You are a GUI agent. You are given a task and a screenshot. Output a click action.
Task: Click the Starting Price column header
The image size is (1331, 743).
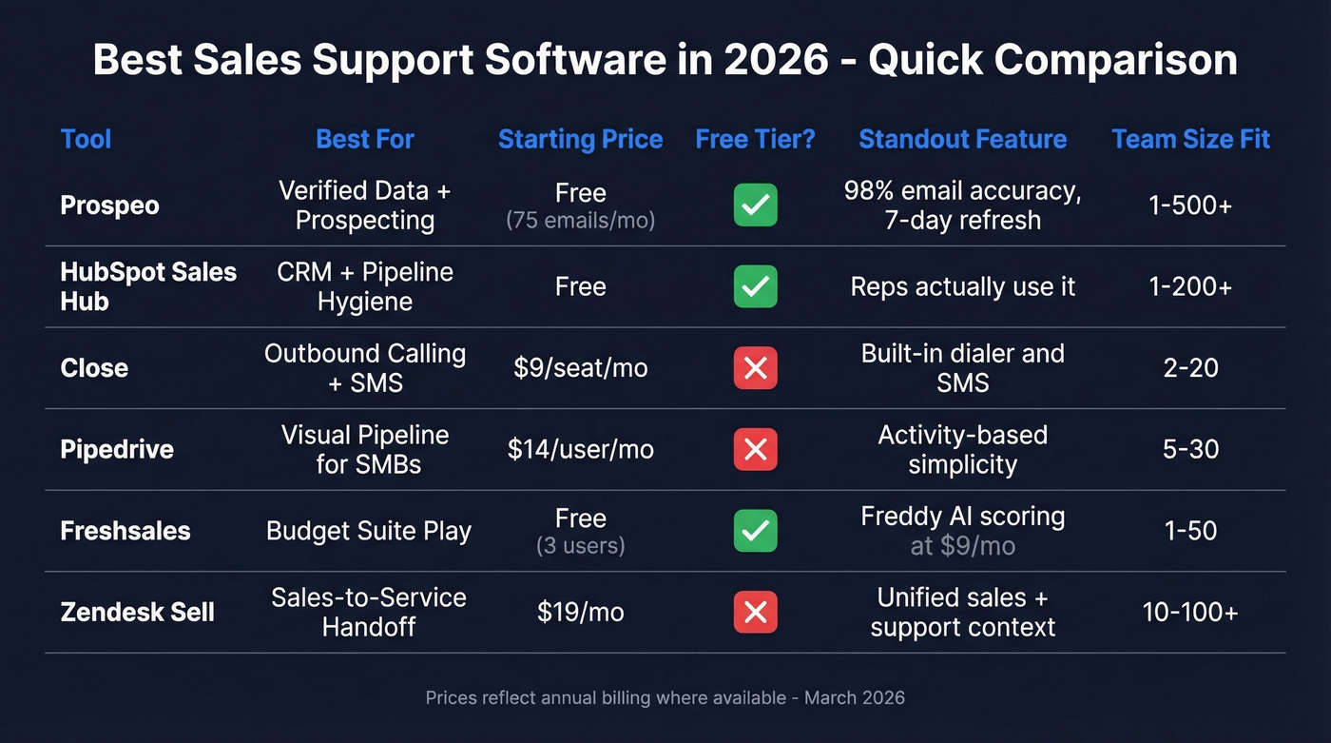580,139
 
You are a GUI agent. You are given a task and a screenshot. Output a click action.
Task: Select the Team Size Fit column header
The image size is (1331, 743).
1190,139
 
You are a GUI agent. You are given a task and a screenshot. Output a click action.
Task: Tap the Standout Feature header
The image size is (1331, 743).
962,139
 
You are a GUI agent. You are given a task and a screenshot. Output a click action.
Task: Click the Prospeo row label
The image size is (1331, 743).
109,205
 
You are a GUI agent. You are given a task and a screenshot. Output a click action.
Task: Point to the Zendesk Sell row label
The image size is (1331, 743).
137,612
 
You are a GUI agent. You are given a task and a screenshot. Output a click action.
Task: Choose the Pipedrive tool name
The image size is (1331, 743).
117,449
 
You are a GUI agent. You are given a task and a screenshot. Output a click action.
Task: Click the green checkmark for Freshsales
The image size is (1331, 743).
755,531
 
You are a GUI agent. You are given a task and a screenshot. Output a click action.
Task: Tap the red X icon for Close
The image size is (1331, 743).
755,368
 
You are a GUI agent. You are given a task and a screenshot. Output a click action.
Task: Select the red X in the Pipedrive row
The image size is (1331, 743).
755,449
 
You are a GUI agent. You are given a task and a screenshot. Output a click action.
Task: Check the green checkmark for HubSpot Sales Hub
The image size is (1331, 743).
755,286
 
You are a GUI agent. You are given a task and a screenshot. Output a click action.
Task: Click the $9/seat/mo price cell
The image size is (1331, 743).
580,368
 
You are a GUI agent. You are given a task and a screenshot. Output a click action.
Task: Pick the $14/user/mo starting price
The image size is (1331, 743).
580,449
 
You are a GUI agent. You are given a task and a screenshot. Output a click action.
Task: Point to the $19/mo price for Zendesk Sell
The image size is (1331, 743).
580,612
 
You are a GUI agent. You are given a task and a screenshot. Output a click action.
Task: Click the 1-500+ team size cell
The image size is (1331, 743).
1190,205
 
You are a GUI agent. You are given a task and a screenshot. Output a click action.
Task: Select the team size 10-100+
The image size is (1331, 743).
1190,612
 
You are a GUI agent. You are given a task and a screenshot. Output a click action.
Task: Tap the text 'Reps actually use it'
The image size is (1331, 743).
962,286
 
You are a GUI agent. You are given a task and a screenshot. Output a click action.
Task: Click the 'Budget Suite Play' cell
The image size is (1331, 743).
369,531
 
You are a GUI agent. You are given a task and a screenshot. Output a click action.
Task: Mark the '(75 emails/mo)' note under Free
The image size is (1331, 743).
580,221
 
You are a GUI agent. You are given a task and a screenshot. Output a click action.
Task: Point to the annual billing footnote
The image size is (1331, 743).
665,697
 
